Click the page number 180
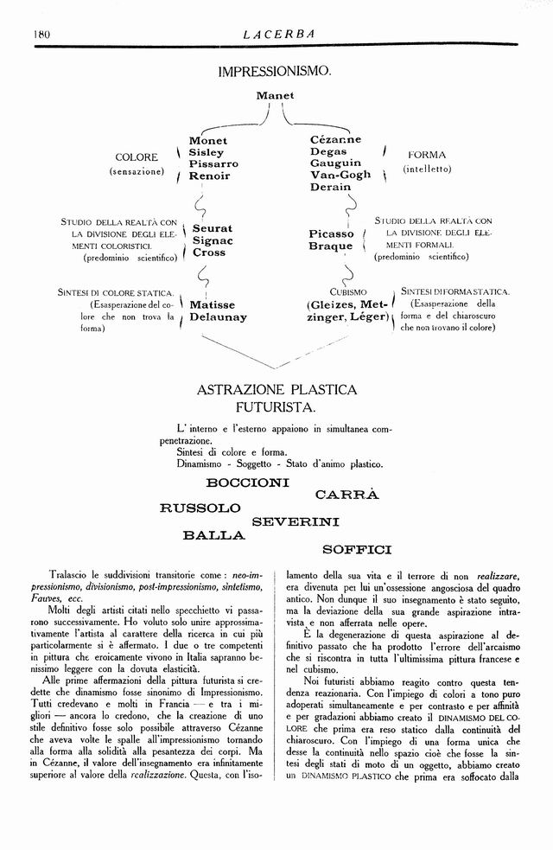(41, 34)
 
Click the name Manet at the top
(275, 95)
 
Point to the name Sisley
(206, 152)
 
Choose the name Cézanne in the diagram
(335, 140)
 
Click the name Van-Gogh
(340, 175)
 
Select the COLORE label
(137, 157)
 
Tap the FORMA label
(426, 156)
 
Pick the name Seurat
(212, 228)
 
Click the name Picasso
(331, 233)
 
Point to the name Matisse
(213, 305)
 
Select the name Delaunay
(218, 317)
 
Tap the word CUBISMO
(348, 291)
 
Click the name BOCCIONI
(248, 481)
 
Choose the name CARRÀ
(347, 495)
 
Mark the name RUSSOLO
(200, 508)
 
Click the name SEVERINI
(296, 521)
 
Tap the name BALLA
(214, 535)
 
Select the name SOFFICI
(357, 549)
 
